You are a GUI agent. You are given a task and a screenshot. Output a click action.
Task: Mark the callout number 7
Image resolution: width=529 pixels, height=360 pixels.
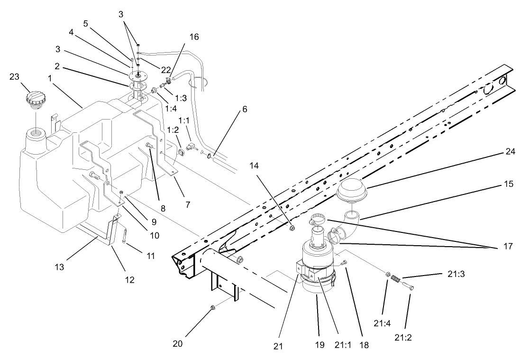188,204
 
